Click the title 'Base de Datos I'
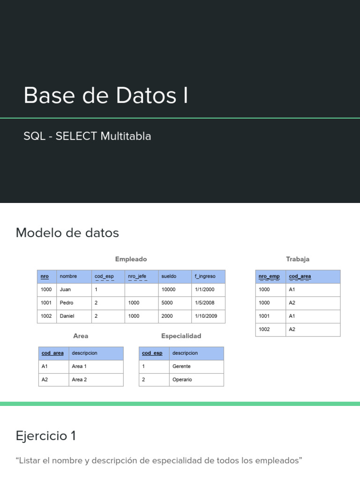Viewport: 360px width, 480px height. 106,96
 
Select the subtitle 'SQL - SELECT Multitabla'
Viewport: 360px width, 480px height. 87,136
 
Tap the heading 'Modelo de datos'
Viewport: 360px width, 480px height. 67,233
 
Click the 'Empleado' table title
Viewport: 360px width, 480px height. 131,259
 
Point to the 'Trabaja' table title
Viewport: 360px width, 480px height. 298,259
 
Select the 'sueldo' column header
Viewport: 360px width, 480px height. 169,277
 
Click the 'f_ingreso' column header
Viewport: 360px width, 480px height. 205,277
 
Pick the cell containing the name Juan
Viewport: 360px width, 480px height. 66,290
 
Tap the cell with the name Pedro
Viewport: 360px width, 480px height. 67,303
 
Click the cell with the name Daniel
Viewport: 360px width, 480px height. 67,316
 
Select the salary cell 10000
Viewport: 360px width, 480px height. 168,290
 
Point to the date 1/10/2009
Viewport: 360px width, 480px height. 206,316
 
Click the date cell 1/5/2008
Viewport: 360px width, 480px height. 205,303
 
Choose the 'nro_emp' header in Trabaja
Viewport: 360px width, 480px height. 269,277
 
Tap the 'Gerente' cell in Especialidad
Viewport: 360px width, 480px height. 181,366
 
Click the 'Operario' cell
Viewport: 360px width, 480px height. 182,379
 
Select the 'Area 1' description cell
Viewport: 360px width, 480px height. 79,366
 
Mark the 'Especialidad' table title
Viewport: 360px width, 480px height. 181,336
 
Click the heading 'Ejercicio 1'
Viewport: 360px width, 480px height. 46,436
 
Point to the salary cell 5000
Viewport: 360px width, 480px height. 167,303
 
